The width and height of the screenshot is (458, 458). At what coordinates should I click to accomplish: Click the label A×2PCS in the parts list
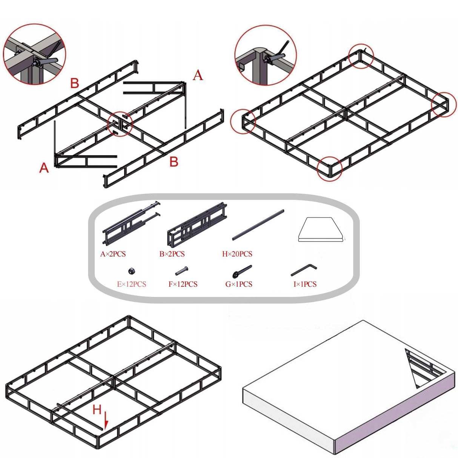click(x=113, y=254)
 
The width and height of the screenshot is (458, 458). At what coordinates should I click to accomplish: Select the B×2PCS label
click(x=172, y=254)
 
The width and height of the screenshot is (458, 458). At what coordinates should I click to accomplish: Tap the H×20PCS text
click(x=237, y=254)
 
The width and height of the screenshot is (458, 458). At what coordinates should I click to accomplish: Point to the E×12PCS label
click(x=131, y=284)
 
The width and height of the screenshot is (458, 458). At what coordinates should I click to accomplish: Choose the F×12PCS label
click(x=183, y=284)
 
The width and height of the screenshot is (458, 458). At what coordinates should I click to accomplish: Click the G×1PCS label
click(x=239, y=284)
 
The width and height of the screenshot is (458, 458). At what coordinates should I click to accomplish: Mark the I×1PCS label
click(x=305, y=284)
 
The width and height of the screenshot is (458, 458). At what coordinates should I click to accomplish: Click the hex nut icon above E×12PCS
click(x=132, y=270)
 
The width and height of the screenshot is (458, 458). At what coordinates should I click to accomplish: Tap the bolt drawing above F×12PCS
click(x=182, y=271)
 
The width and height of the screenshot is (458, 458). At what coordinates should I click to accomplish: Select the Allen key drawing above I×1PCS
click(x=303, y=270)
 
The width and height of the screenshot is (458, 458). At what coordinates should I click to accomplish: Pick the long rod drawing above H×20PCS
click(x=258, y=224)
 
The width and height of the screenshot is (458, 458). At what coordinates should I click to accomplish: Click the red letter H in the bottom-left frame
click(x=97, y=409)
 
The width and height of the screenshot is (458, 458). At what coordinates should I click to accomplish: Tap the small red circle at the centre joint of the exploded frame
click(x=120, y=123)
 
